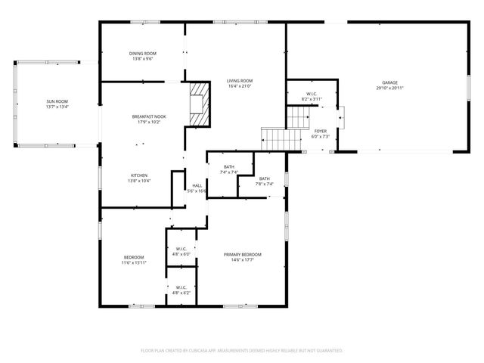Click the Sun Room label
click(57, 101)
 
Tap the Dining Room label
click(143, 53)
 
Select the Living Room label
click(240, 81)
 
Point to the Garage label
click(389, 83)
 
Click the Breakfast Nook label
click(149, 116)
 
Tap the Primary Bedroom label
click(242, 255)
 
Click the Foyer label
click(321, 131)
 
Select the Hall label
click(197, 185)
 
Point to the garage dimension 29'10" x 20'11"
click(389, 88)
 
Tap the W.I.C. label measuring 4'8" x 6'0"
click(181, 250)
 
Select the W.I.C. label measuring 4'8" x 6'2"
click(181, 287)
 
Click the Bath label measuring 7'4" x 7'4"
click(229, 167)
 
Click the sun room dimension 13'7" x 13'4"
click(57, 107)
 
